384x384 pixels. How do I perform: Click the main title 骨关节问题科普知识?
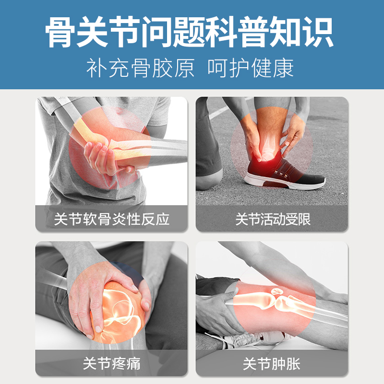click(x=189, y=32)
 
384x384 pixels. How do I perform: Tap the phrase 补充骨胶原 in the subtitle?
click(x=140, y=68)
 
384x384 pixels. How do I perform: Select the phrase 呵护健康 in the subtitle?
click(x=251, y=68)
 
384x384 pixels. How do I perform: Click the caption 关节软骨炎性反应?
click(x=112, y=219)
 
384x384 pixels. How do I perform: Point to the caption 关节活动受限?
click(x=273, y=219)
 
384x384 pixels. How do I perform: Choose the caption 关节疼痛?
click(x=112, y=363)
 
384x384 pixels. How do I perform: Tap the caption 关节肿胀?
click(x=272, y=363)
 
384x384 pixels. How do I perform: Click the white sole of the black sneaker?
click(x=284, y=182)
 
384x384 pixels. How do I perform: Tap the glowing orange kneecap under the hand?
click(x=120, y=311)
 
